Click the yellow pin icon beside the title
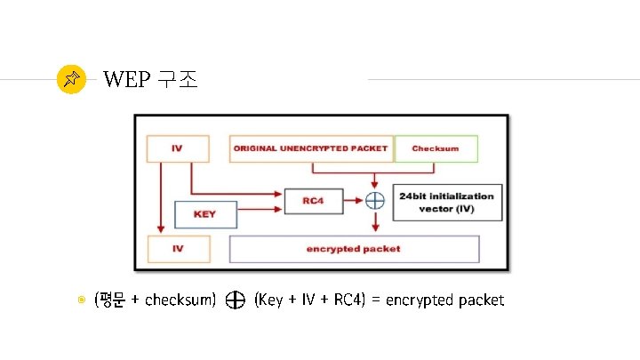(71, 80)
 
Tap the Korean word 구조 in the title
(176, 80)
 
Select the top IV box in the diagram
(177, 148)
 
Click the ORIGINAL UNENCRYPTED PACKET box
(310, 148)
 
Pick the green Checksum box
(435, 148)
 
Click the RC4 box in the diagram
(312, 201)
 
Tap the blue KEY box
(205, 214)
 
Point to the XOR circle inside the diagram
(374, 201)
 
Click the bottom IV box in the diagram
(177, 249)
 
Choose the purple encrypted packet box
(354, 249)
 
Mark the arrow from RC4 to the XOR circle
(352, 201)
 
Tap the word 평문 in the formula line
(112, 300)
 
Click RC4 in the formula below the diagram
(347, 300)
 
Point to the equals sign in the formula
(376, 300)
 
